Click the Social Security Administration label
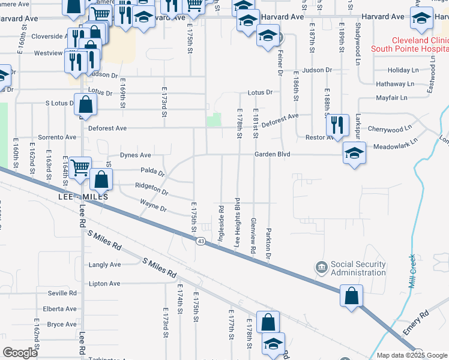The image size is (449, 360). tap(358, 269)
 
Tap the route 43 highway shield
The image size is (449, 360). tap(200, 241)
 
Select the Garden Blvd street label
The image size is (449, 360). tap(272, 154)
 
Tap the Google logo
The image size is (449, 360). tap(20, 353)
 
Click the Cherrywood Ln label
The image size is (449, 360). tap(390, 128)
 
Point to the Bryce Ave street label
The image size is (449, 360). tap(62, 325)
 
